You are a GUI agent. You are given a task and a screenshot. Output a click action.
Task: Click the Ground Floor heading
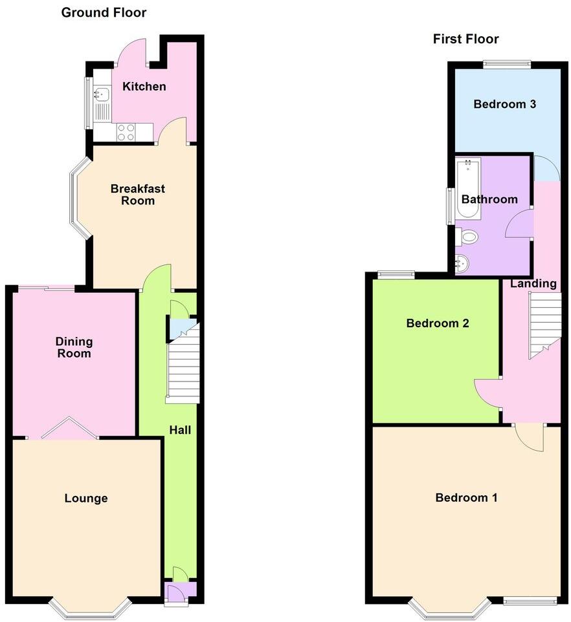coord(104,12)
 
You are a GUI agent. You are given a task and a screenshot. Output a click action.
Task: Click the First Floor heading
coord(466,39)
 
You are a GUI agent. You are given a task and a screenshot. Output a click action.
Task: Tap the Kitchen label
coord(144,87)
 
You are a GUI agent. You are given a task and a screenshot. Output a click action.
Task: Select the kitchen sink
coord(101,95)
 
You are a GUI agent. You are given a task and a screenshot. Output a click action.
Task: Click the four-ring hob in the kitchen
coord(126,132)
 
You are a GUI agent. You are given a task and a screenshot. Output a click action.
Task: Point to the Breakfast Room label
coord(137,195)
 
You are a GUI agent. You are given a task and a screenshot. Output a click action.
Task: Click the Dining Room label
coord(74,347)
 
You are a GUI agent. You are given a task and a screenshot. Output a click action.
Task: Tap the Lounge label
coord(86,499)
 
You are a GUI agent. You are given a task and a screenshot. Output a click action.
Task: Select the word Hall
coord(180,429)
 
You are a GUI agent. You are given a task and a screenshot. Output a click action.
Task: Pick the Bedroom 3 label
coord(504,104)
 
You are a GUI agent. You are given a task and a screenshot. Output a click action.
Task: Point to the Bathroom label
coord(489,199)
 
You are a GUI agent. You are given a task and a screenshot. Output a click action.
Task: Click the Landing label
coord(533,283)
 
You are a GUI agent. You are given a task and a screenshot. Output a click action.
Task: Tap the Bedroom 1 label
coord(466,498)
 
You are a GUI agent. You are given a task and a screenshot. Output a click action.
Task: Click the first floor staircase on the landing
coord(545,323)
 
